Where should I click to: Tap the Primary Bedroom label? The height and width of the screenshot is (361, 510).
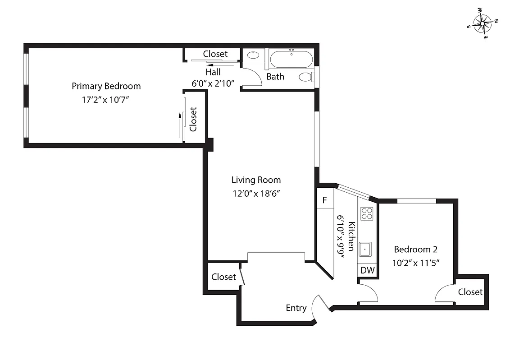tap(106, 86)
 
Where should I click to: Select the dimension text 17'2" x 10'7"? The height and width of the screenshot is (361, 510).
tap(105, 100)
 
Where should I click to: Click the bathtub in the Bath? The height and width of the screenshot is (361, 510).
tap(291, 59)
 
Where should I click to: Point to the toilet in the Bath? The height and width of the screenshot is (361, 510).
tap(307, 77)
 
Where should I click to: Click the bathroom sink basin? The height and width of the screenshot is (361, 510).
tap(253, 56)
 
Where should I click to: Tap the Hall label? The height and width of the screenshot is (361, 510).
tap(213, 72)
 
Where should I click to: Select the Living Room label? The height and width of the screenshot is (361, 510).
tap(256, 180)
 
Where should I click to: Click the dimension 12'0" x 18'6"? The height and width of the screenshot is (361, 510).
tap(256, 194)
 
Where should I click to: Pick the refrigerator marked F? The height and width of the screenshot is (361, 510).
tap(324, 200)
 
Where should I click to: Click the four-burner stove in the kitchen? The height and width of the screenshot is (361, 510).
tap(367, 213)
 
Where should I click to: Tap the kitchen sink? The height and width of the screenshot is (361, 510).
tap(365, 249)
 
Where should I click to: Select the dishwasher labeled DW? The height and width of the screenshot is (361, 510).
tap(368, 270)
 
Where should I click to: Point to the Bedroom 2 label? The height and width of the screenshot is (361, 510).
tap(415, 249)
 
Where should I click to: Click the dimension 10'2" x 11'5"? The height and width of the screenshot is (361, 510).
tap(415, 263)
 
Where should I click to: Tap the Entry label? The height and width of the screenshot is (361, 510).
tap(296, 308)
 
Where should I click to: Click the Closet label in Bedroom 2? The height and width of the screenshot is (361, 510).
tap(470, 292)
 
